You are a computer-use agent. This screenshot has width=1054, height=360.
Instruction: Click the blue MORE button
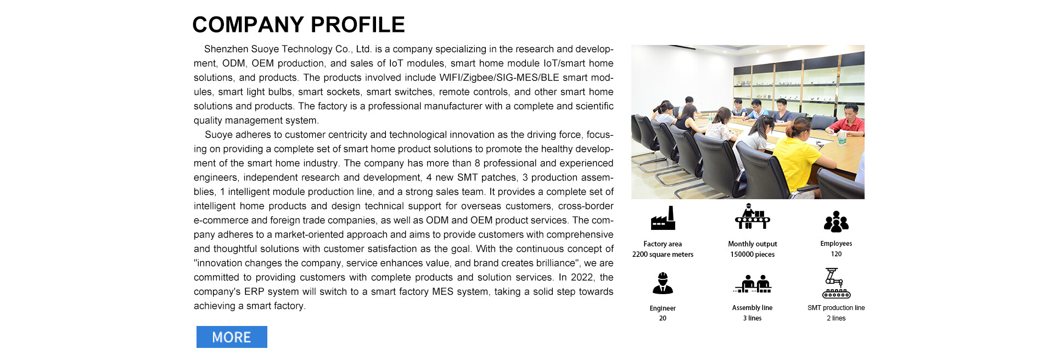tap(232, 337)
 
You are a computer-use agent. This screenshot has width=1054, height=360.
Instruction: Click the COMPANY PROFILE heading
tap(298, 25)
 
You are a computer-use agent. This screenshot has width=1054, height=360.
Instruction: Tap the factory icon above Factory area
tap(663, 218)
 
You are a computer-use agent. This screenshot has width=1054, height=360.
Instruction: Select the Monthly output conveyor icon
tap(752, 217)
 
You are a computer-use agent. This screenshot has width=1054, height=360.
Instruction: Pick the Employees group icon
tap(836, 222)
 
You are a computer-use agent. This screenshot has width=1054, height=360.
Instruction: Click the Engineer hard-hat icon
tap(663, 283)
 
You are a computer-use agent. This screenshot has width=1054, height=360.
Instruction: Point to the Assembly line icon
tap(753, 284)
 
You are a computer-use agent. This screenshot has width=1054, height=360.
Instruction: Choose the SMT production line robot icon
tap(836, 283)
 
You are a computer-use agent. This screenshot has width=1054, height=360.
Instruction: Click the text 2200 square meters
tap(663, 254)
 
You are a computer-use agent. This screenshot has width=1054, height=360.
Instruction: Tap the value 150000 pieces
tap(752, 254)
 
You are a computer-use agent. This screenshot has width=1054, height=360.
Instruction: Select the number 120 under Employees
tap(836, 254)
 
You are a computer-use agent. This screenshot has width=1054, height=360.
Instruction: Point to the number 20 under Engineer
tap(663, 318)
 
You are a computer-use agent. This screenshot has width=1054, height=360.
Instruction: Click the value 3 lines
tap(752, 318)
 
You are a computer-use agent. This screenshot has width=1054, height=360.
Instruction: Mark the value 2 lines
tap(836, 318)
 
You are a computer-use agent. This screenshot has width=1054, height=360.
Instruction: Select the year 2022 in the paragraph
tap(582, 277)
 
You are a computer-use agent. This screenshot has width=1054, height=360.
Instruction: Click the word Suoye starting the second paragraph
tap(218, 134)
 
